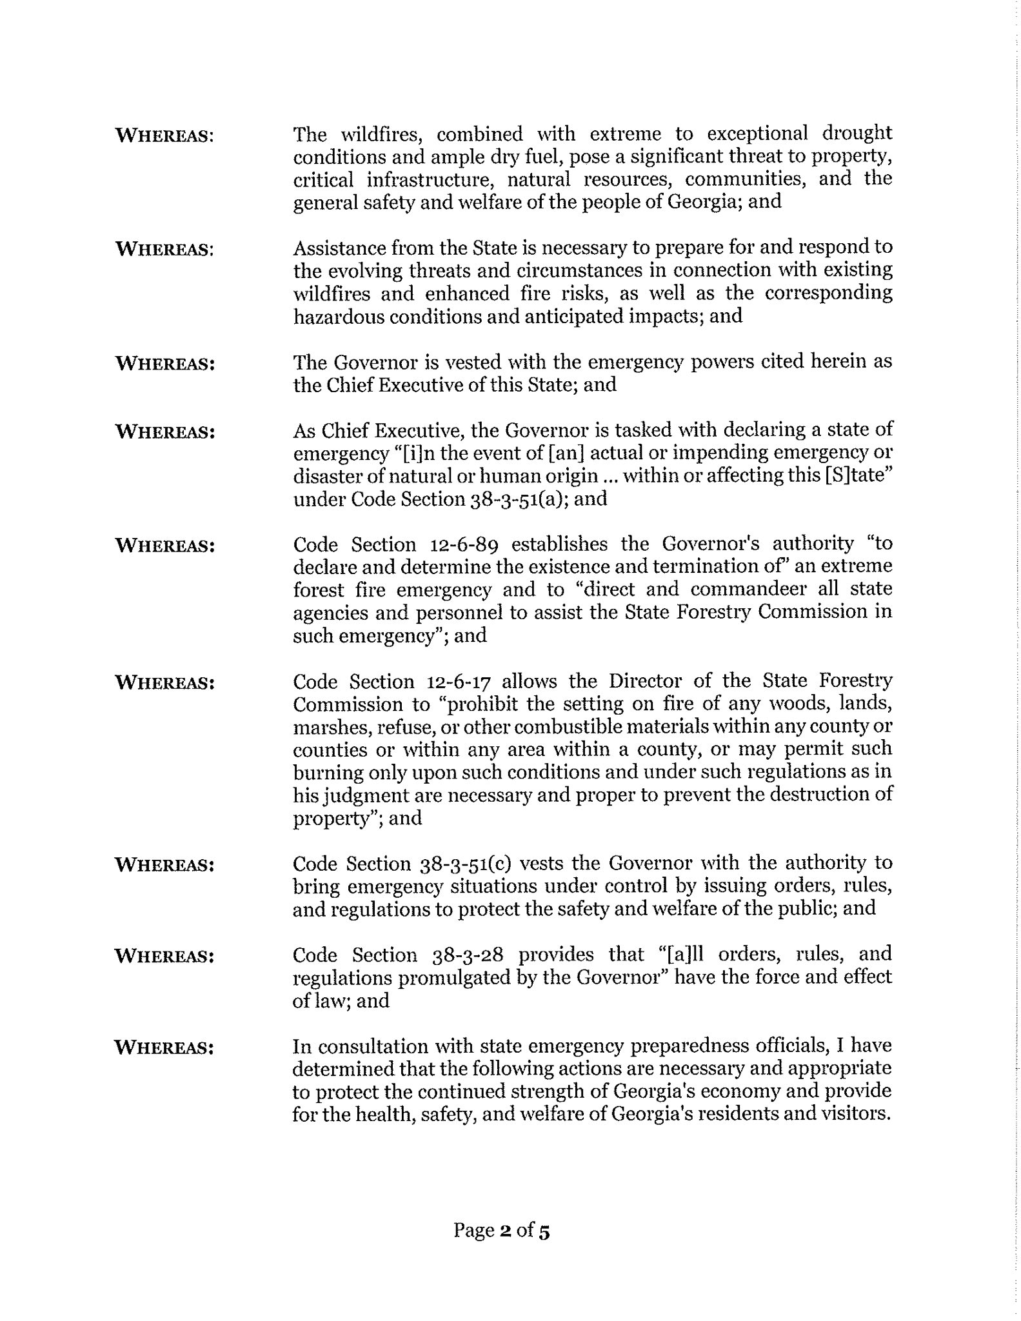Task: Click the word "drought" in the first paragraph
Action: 857,134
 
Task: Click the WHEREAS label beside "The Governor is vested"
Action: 164,363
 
